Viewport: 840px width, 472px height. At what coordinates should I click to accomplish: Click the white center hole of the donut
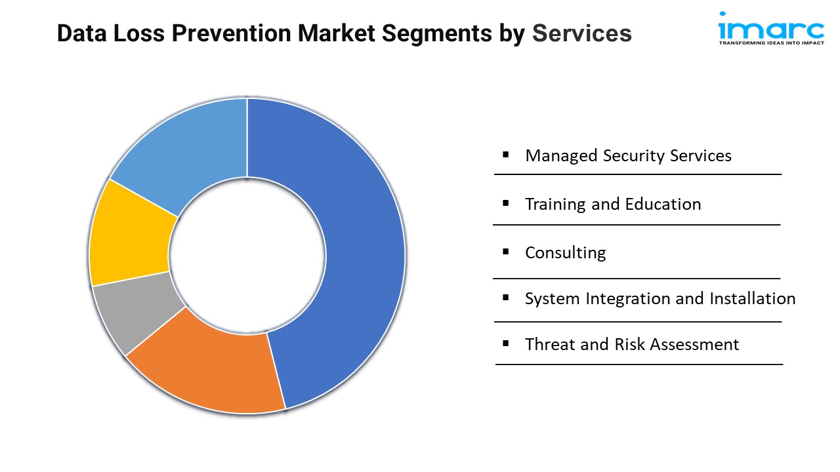[247, 256]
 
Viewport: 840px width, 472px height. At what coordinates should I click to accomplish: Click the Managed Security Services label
[628, 155]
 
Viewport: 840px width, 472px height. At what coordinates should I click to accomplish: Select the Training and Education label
[613, 204]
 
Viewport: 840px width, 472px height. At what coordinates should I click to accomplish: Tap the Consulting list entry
[566, 253]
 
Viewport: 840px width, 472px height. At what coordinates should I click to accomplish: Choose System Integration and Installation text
[660, 298]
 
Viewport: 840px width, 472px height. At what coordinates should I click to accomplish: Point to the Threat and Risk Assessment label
[632, 344]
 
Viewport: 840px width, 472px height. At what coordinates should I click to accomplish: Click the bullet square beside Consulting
[505, 252]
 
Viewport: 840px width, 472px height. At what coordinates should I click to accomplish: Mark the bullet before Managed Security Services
[505, 154]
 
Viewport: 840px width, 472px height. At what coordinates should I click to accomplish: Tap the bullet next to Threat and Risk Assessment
[505, 343]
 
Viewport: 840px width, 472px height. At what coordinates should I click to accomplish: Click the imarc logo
[771, 28]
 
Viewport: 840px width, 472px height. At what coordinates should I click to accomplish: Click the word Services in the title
[582, 33]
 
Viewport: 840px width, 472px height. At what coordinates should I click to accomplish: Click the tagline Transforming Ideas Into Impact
[771, 43]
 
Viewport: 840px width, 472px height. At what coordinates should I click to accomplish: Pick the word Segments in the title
[437, 34]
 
